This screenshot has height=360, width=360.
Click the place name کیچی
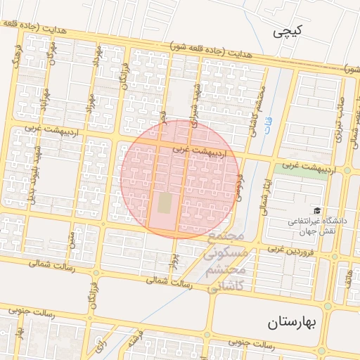[x=290, y=32]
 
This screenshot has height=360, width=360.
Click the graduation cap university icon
[x=317, y=210]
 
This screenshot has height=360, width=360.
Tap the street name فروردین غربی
[x=295, y=250]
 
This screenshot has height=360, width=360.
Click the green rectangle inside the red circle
[x=165, y=203]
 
